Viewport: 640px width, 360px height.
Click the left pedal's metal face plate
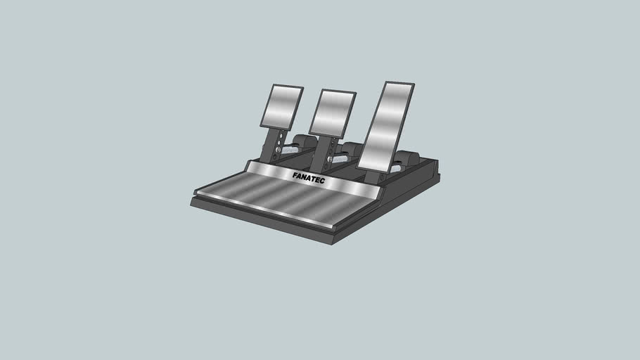[281, 106]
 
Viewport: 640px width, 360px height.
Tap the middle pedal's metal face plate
[332, 112]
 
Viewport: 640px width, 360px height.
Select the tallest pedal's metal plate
[385, 127]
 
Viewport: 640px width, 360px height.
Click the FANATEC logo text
[309, 177]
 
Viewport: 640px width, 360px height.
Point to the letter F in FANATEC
[295, 174]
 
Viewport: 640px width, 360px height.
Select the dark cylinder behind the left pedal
[304, 141]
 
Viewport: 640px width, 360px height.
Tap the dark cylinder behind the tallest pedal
[407, 159]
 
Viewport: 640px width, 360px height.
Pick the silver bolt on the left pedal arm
[279, 149]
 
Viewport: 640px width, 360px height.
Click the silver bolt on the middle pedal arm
[329, 159]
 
